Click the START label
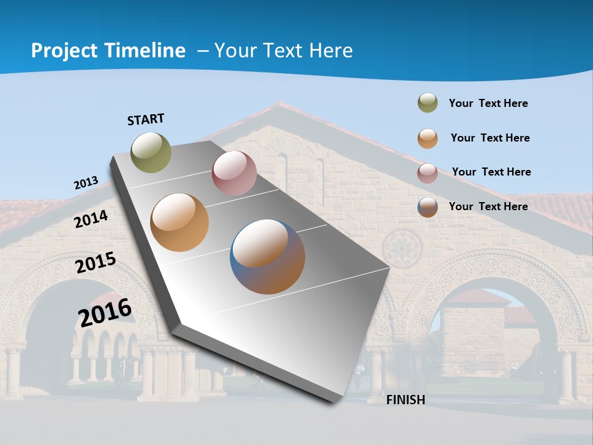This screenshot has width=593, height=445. [x=146, y=119]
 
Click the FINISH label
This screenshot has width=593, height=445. [x=405, y=400]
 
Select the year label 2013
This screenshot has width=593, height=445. [x=86, y=183]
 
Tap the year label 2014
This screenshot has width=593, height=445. [x=91, y=219]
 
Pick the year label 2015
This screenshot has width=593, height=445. [x=96, y=262]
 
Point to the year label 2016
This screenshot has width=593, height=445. [x=105, y=312]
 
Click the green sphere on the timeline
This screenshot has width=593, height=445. [x=151, y=152]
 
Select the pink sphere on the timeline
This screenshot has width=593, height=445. [x=234, y=173]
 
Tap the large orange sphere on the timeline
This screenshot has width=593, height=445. [x=179, y=222]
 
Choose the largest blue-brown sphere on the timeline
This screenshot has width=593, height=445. [x=267, y=256]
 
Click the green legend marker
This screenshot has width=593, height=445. [x=427, y=103]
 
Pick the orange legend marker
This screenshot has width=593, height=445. [x=427, y=138]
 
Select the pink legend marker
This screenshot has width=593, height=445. [x=427, y=173]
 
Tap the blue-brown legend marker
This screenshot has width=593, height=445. [x=427, y=207]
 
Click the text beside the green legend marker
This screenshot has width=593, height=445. [x=488, y=103]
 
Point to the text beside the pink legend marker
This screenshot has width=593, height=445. [x=491, y=172]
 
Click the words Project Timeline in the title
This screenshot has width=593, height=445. [x=108, y=51]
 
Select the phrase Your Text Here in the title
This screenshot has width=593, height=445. [x=284, y=51]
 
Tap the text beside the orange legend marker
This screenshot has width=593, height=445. [x=490, y=138]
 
